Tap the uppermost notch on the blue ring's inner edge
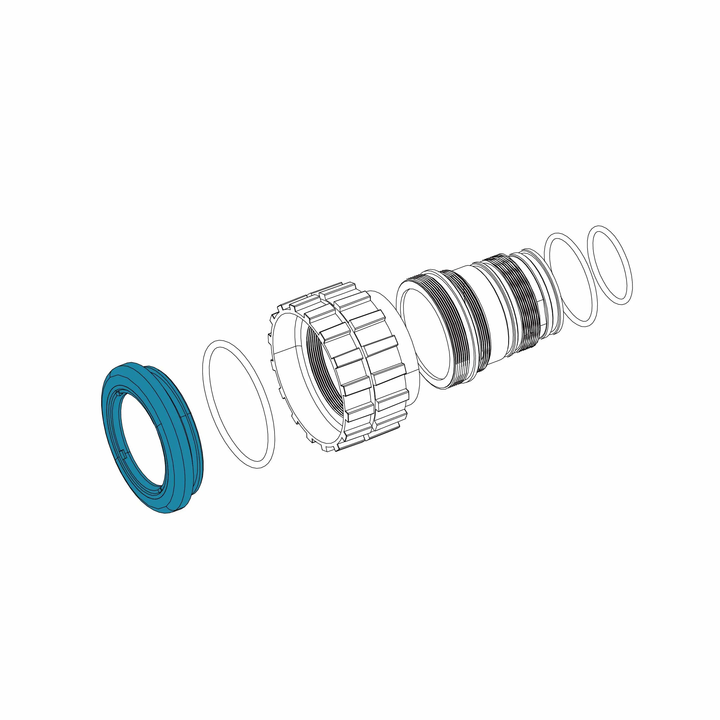click(119, 393)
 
